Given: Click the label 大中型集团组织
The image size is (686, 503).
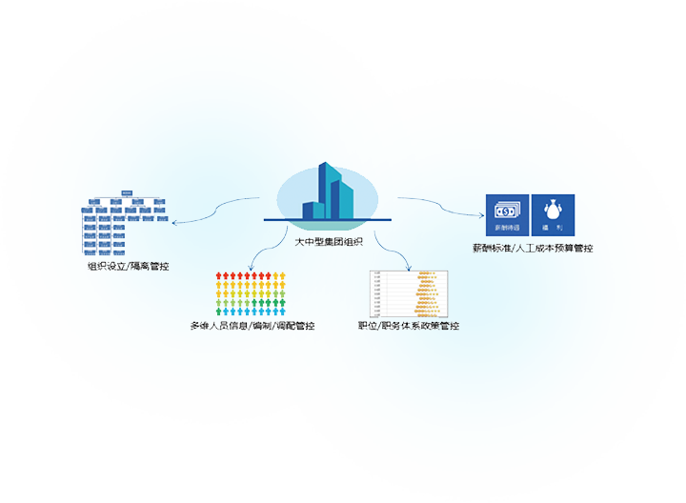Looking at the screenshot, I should click(x=329, y=242).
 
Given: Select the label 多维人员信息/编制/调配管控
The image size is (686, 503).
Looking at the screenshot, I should click(x=252, y=326).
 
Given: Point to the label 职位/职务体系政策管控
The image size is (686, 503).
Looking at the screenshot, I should click(x=409, y=326).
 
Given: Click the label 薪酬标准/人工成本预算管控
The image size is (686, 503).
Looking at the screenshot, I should click(x=533, y=248).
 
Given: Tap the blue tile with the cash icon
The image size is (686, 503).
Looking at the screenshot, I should click(x=507, y=214).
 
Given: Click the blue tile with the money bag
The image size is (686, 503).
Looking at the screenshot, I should click(x=553, y=214).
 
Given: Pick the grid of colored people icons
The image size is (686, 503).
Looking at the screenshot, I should click(x=252, y=294).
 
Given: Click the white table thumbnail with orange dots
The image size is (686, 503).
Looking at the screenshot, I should click(x=409, y=293).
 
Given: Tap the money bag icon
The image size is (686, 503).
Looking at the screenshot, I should click(x=553, y=208).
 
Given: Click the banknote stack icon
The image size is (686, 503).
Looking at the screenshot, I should click(x=507, y=209).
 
